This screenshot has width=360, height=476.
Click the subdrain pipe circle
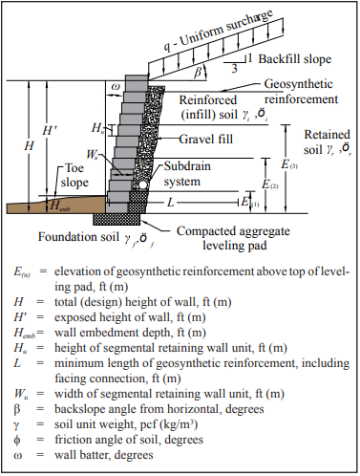pos(143,184)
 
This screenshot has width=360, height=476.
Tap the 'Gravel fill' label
pos(206,139)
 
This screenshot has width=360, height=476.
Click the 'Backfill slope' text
pos(295,59)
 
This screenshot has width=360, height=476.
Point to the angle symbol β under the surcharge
pos(198,73)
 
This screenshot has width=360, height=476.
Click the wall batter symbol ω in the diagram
pos(116,87)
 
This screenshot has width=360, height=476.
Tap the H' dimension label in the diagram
pos(50,130)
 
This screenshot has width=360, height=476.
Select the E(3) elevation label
pos(289,164)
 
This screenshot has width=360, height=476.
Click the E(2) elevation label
pos(269,184)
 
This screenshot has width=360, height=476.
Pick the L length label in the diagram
pos(171,202)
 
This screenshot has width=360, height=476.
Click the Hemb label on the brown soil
pos(60,206)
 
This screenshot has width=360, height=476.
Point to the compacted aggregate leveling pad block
pos(116,219)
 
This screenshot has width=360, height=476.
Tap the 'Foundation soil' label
pos(78,237)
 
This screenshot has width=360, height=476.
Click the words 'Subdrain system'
pos(187,174)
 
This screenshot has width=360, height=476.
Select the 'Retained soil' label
pos(328,141)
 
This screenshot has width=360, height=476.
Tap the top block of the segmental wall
pos(137,80)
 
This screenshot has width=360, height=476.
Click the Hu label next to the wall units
pos(97,128)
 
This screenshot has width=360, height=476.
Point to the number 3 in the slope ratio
pos(234,69)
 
